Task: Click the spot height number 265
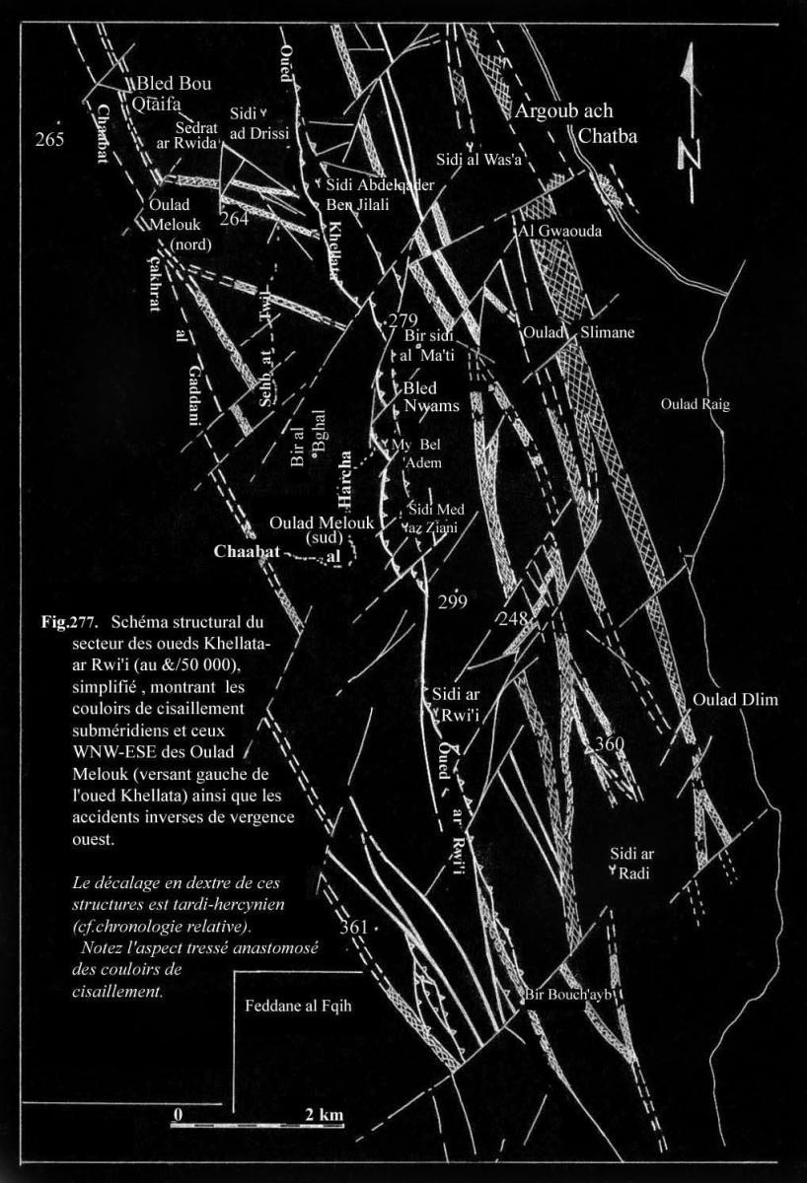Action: click(x=49, y=139)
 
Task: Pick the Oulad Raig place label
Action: click(x=696, y=403)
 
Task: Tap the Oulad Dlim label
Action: click(x=735, y=701)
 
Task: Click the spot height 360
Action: click(x=609, y=745)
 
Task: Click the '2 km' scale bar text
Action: click(x=325, y=1115)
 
